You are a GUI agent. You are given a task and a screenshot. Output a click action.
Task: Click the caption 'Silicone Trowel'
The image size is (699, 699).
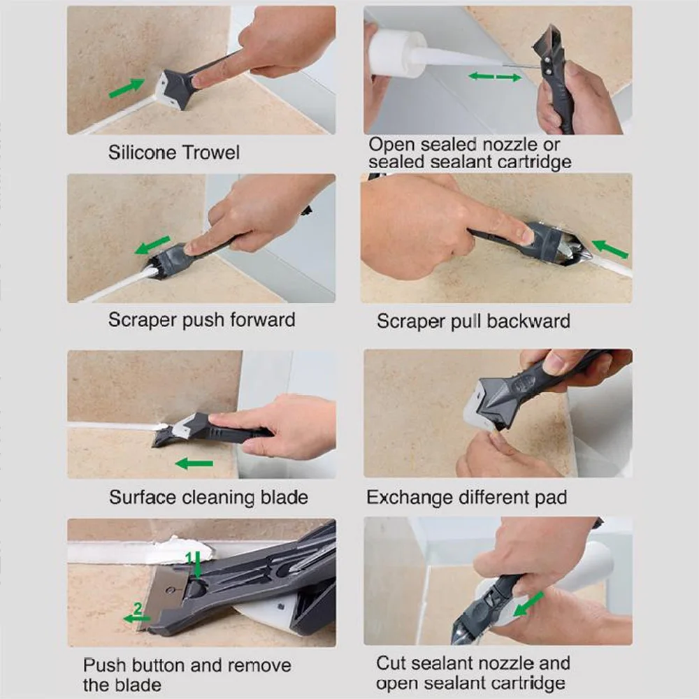click(x=173, y=152)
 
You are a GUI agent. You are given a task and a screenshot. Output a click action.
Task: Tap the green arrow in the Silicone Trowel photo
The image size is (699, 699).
click(x=127, y=88)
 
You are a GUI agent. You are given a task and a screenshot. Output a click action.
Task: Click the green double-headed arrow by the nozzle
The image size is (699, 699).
click(x=495, y=76)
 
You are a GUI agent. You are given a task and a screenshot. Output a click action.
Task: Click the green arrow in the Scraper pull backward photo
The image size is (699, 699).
click(x=610, y=249)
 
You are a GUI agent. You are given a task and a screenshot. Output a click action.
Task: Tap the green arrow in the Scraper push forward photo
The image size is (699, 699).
click(x=153, y=245)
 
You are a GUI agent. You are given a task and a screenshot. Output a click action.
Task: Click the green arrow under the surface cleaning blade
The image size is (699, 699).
click(x=194, y=463)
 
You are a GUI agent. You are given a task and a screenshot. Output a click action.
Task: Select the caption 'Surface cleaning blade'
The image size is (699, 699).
click(x=208, y=498)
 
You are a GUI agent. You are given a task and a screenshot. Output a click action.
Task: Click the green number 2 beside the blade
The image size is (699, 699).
click(x=138, y=610)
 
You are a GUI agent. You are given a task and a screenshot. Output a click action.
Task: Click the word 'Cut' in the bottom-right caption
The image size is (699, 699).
click(x=390, y=663)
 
